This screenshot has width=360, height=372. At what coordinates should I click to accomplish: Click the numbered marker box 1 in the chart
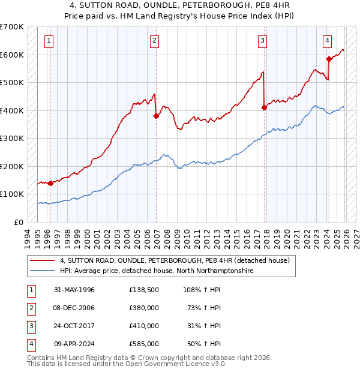click(x=49, y=41)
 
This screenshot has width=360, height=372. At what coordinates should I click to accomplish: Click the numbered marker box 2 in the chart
click(x=155, y=41)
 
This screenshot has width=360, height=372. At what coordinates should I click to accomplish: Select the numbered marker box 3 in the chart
click(x=263, y=41)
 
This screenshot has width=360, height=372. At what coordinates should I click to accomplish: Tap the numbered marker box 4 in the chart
click(x=328, y=41)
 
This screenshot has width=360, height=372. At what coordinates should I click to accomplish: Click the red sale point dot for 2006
click(x=156, y=116)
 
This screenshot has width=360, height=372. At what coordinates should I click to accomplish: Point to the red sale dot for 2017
click(x=264, y=108)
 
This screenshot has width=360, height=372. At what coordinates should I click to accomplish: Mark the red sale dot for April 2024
click(x=329, y=59)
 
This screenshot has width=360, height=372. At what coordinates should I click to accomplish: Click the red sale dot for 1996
click(x=50, y=184)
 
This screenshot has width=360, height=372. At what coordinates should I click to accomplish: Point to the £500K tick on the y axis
click(x=13, y=82)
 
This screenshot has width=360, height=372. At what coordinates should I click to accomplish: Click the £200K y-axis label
click(x=13, y=166)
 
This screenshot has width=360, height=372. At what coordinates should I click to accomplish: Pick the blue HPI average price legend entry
click(x=157, y=271)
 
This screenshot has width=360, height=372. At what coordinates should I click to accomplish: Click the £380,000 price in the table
click(x=144, y=308)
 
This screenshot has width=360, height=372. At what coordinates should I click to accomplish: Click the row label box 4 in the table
click(x=31, y=344)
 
